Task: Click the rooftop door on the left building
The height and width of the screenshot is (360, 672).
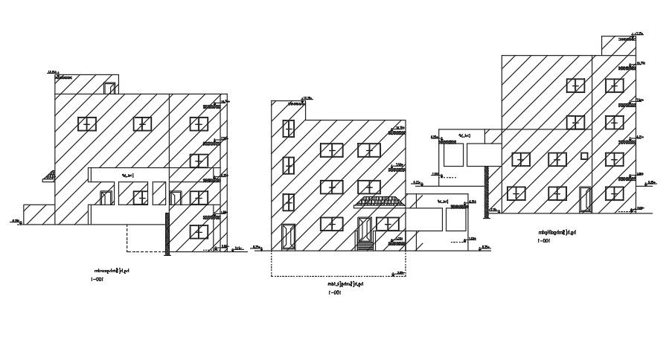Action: click(x=110, y=89)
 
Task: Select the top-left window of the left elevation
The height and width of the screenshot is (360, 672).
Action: click(x=88, y=123)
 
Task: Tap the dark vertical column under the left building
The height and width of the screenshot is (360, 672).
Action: click(x=167, y=234)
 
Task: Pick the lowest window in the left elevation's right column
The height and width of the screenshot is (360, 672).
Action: click(x=198, y=231)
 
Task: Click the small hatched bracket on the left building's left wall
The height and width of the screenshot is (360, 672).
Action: click(x=50, y=176)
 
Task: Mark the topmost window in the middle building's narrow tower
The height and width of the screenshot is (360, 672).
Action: click(x=287, y=128)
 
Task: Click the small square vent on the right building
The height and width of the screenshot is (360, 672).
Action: click(x=584, y=155)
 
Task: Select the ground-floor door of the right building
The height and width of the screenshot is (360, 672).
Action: click(x=585, y=199)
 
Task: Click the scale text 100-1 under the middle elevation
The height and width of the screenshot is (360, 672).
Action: click(x=335, y=292)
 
